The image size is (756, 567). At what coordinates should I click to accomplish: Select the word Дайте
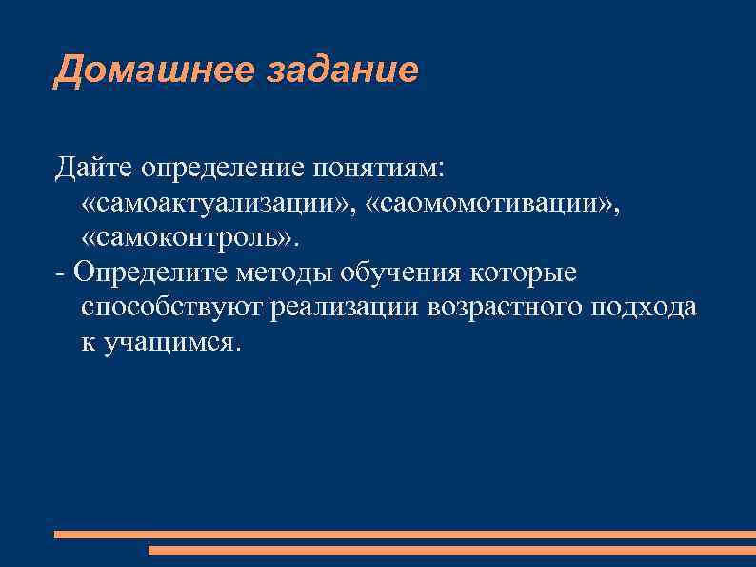click(x=93, y=169)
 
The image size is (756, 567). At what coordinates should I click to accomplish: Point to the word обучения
click(x=402, y=273)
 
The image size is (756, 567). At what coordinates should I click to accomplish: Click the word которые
click(x=523, y=273)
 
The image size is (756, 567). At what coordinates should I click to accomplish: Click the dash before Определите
click(x=61, y=273)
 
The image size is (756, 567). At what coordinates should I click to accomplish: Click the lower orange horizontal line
click(x=451, y=550)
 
